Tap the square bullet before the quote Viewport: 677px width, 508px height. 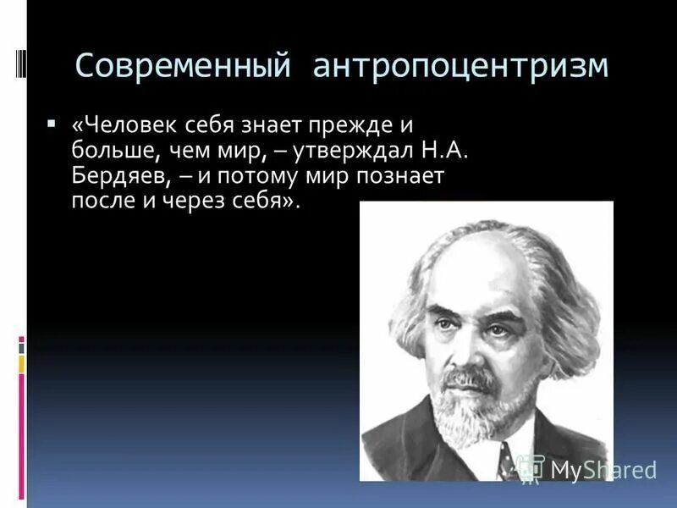52,124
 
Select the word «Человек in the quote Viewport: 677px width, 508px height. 118,125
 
